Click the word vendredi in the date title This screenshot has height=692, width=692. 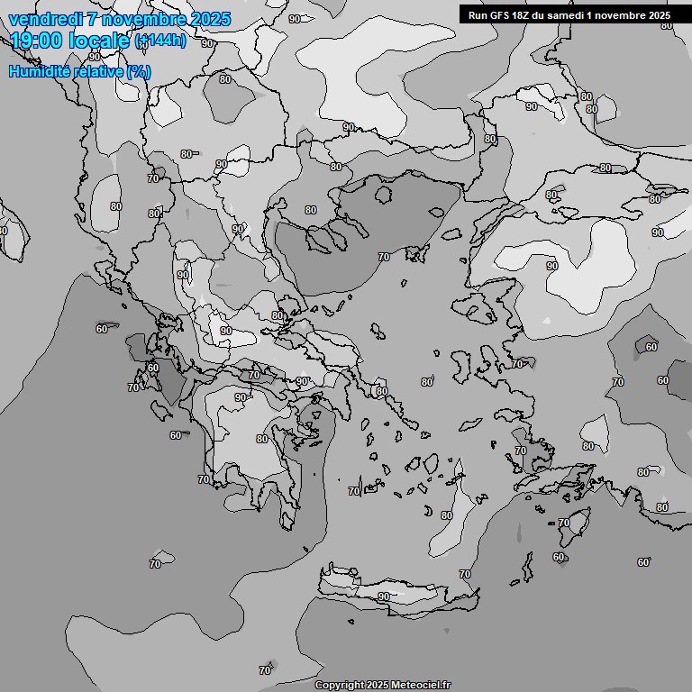tap(44, 19)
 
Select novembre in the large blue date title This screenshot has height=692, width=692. tap(145, 19)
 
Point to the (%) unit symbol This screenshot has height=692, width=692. tap(138, 71)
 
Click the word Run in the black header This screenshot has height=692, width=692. tap(478, 14)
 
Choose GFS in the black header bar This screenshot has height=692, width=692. tap(500, 14)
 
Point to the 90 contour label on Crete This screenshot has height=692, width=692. tap(384, 596)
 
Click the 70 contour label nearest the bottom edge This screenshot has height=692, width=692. tap(265, 670)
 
